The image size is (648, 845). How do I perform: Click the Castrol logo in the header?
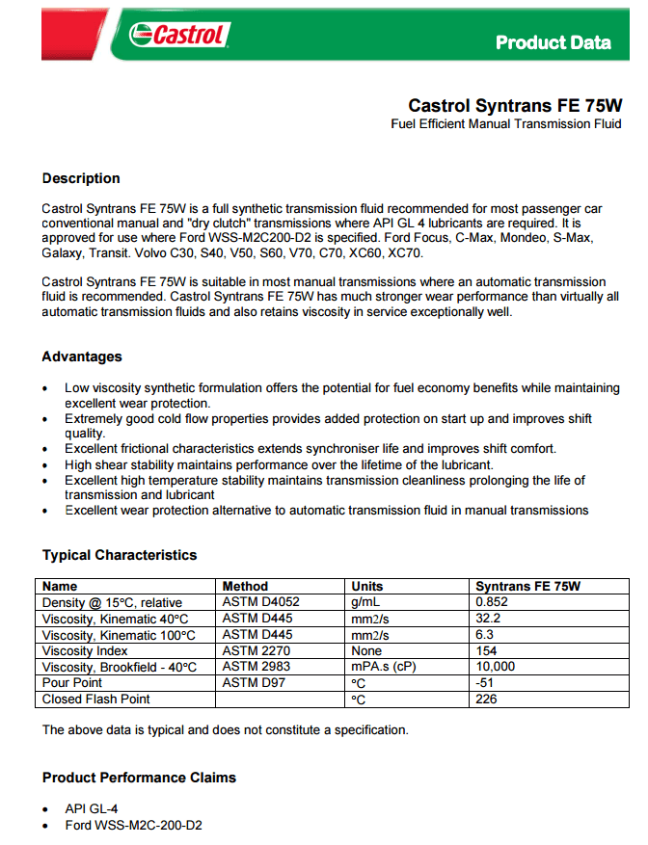179,37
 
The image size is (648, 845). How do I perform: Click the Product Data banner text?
553,42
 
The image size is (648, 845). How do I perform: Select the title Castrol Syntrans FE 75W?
515,105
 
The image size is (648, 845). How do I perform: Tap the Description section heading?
81,178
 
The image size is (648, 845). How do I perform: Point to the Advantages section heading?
82,356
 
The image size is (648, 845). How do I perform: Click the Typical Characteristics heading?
120,555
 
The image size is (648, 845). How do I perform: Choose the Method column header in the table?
245,586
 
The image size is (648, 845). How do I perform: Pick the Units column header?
367,586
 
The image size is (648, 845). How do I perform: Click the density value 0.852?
492,601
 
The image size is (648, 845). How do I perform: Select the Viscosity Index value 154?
487,651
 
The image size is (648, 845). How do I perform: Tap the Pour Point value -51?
485,683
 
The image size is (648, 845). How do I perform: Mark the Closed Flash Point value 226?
487,699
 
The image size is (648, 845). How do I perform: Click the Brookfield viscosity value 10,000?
496,667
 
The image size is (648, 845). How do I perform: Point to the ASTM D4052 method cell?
261,601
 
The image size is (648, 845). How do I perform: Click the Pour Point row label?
73,683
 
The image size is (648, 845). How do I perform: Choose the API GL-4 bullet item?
92,808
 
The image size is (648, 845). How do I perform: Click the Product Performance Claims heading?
139,778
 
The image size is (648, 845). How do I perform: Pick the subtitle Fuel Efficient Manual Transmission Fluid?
506,124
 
